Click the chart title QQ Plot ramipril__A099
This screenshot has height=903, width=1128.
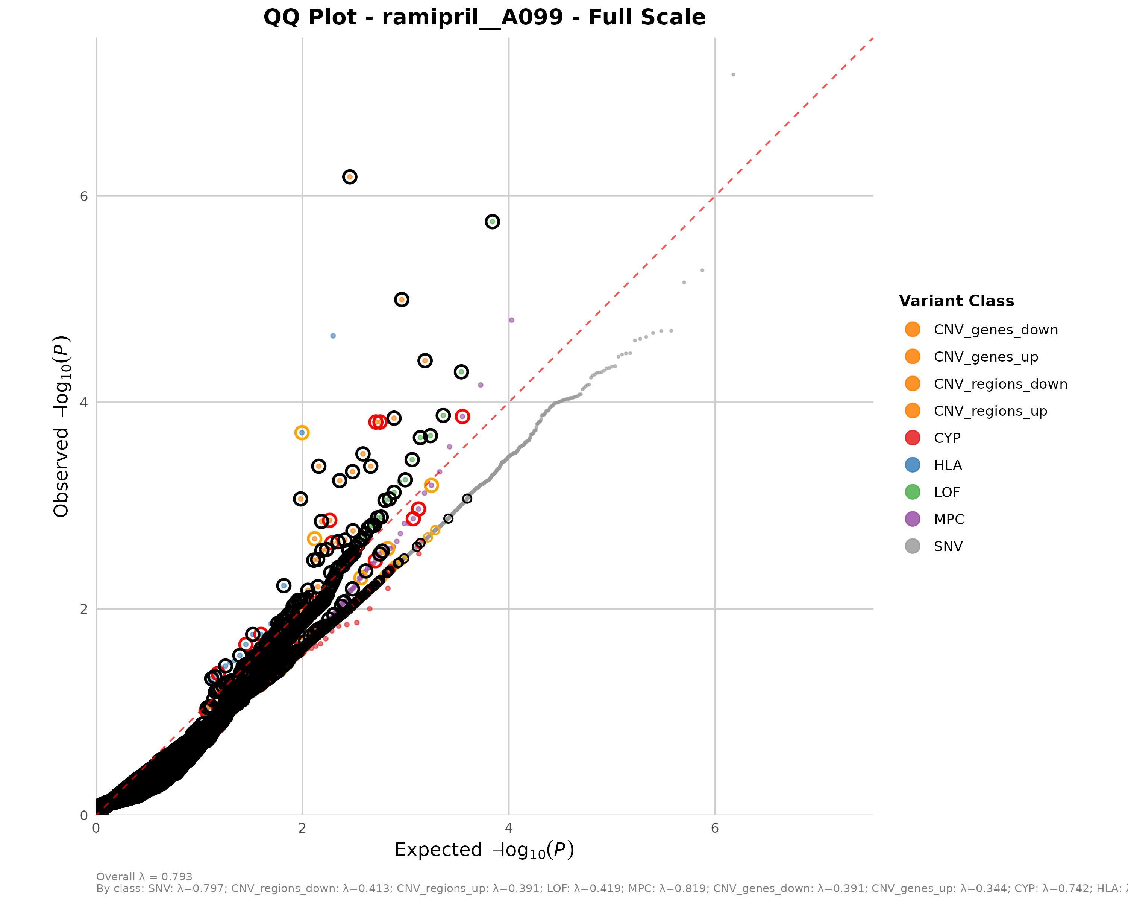tap(484, 17)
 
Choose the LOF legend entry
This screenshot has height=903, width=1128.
tap(946, 492)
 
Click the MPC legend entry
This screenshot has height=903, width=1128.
tap(948, 519)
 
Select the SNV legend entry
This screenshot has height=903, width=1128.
tap(948, 547)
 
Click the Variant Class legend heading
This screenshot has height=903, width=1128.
tap(956, 301)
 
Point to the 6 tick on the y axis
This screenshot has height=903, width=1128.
tap(84, 196)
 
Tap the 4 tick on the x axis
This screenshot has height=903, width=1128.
tap(509, 828)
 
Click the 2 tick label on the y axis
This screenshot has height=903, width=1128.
tap(84, 609)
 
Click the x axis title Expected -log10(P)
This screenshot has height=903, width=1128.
tap(484, 850)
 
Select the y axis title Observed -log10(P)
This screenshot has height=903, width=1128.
tap(61, 427)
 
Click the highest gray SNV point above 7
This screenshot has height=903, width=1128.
tap(733, 75)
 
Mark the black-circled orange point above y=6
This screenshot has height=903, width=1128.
tap(349, 177)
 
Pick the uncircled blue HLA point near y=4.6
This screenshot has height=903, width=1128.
tap(333, 336)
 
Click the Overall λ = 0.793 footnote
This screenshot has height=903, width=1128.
tap(144, 877)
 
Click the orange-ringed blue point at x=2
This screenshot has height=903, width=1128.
tap(302, 432)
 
